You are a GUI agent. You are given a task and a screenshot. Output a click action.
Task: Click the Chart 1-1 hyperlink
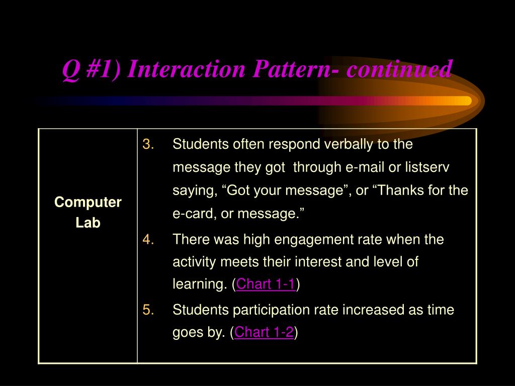266,284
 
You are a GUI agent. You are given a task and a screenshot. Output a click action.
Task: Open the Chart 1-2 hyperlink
264,332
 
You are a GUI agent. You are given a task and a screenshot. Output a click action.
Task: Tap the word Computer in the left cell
88,203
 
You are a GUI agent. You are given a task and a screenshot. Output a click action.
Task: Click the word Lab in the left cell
88,223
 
